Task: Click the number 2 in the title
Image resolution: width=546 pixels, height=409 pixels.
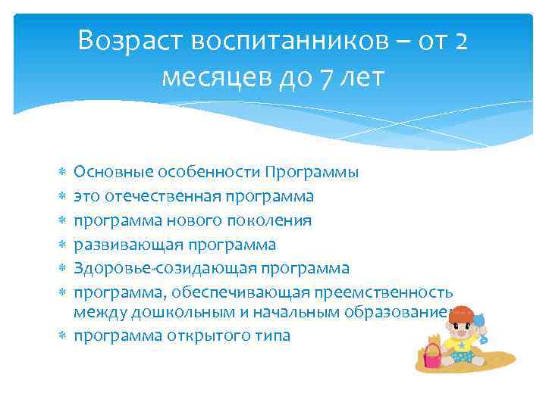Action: pos(462,42)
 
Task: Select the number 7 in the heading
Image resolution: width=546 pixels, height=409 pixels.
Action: pos(328,77)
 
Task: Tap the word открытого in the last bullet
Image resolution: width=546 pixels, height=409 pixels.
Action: pos(210,335)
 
